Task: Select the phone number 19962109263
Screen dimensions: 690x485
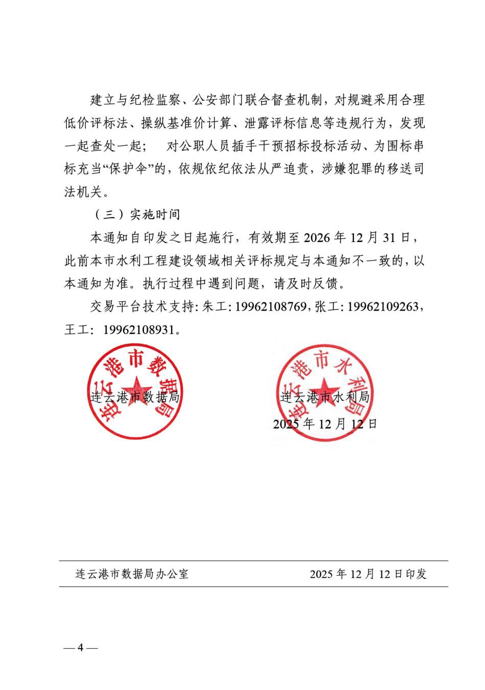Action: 383,307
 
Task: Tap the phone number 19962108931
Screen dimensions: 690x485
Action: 139,330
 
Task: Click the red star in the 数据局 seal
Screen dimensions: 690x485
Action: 136,390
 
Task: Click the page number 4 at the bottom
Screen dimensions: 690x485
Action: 80,648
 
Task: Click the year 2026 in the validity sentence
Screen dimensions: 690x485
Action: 317,238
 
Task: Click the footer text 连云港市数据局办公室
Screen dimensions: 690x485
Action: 132,574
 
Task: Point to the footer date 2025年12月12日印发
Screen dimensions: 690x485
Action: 368,574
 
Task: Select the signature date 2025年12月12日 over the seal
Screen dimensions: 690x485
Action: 325,424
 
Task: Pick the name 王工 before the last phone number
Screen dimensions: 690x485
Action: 77,330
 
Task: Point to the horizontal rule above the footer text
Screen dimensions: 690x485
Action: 253,561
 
